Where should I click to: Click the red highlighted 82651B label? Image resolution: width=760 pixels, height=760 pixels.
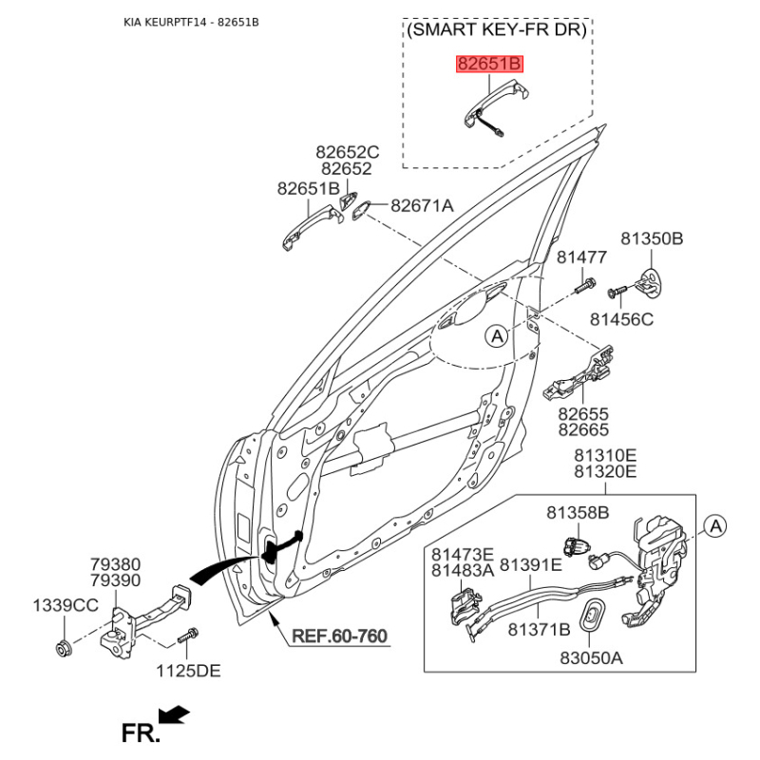[489, 64]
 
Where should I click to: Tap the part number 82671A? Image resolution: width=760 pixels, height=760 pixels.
[422, 205]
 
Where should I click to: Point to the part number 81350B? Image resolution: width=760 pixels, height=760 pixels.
[652, 238]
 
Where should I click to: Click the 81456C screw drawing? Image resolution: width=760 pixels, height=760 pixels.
[617, 292]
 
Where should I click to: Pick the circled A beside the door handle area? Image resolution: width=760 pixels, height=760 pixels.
[497, 335]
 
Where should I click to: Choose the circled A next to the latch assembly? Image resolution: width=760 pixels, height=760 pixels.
[715, 526]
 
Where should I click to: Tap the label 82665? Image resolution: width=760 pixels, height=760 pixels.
[583, 429]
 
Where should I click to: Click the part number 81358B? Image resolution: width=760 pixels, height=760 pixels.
[578, 512]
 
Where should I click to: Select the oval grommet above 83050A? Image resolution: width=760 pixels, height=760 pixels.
[591, 616]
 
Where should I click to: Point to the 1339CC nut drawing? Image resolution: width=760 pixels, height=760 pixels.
[64, 648]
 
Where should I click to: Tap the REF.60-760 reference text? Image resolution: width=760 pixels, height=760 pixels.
[340, 636]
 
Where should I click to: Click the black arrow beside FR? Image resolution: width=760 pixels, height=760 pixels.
[174, 715]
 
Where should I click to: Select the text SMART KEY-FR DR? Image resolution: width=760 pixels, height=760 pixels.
[497, 29]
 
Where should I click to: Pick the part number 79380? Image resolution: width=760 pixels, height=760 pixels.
[115, 564]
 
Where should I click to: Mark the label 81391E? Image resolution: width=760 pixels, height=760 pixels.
[531, 564]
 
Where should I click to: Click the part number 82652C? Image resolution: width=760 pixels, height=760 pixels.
[348, 152]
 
